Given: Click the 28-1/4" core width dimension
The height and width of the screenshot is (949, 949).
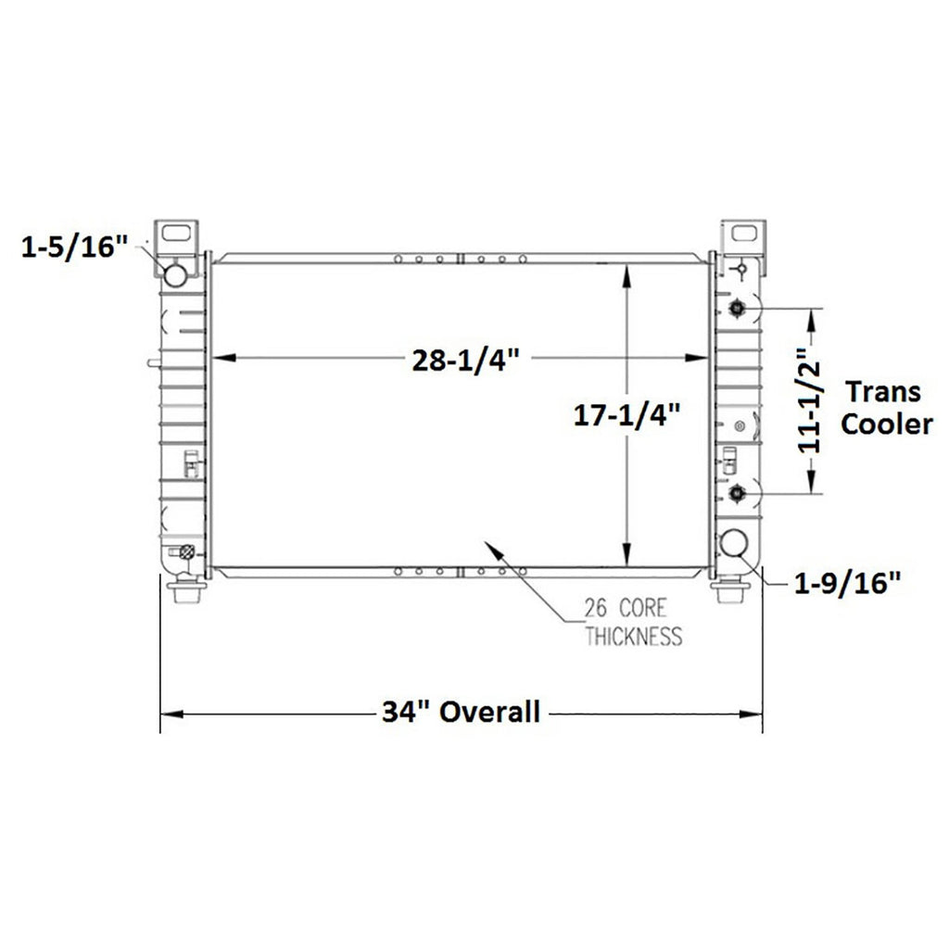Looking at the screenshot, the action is pyautogui.click(x=465, y=361).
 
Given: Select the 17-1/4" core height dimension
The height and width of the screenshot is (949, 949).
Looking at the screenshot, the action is pyautogui.click(x=627, y=415).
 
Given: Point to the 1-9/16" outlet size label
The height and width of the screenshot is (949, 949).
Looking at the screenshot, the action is pyautogui.click(x=847, y=583).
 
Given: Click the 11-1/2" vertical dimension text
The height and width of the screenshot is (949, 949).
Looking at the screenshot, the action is pyautogui.click(x=808, y=400).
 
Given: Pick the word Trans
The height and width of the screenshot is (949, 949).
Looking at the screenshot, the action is pyautogui.click(x=883, y=392).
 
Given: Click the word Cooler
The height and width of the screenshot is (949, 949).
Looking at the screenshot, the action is pyautogui.click(x=887, y=424).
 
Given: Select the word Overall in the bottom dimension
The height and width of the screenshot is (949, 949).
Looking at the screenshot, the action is pyautogui.click(x=489, y=712).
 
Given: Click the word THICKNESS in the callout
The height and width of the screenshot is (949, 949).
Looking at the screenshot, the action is pyautogui.click(x=634, y=636).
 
